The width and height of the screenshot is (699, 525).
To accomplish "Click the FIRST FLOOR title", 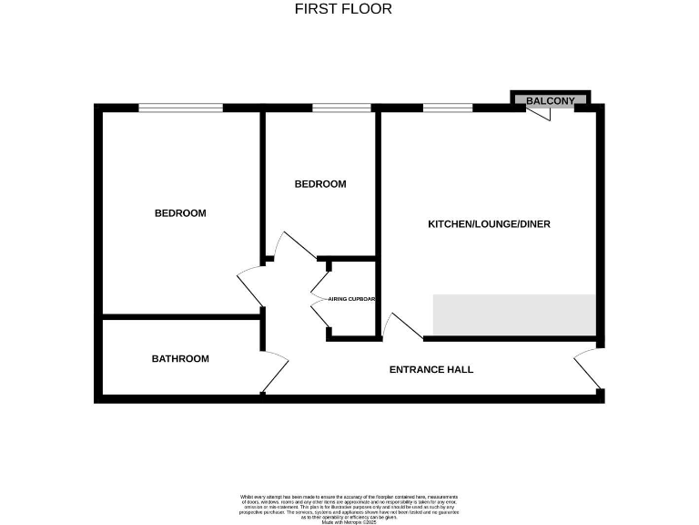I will point(343,9).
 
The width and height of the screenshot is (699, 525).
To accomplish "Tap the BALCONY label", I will point(551,100).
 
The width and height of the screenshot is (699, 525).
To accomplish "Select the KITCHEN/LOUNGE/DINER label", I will point(489,224).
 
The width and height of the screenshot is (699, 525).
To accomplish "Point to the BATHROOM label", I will point(180,359).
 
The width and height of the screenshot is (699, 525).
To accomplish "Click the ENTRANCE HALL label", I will point(431,370).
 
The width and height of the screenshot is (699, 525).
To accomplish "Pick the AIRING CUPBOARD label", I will point(353,299).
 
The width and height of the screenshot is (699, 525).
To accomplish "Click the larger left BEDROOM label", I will point(180,213).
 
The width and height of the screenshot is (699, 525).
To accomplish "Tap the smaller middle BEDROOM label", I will point(320,184).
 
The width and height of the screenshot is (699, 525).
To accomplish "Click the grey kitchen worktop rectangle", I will point(514,314).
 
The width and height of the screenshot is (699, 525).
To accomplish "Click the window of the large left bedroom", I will point(180,108).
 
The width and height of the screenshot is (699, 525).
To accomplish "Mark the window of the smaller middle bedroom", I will point(342,108).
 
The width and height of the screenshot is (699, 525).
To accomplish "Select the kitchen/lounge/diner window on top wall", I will point(448,108).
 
